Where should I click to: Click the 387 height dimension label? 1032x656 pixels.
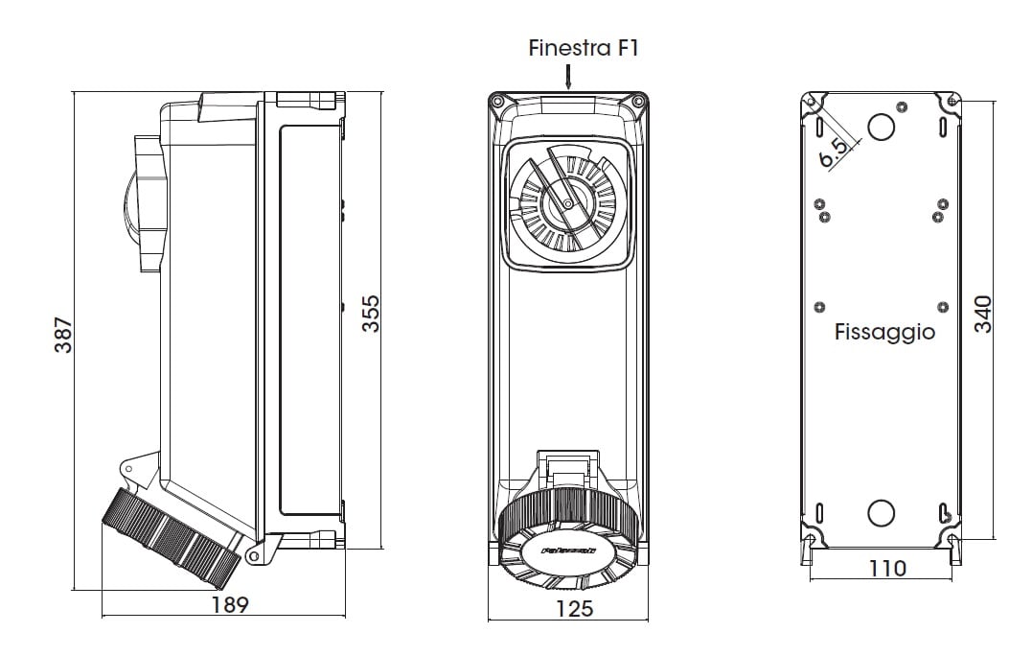click(x=62, y=335)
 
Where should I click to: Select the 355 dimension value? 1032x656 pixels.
click(x=370, y=314)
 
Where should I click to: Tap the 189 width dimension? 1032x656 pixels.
click(x=229, y=605)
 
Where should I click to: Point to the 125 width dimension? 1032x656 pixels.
click(x=574, y=608)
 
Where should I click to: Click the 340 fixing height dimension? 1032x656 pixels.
click(x=982, y=314)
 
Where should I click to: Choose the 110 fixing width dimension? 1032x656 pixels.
click(x=887, y=568)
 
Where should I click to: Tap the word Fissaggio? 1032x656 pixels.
click(x=884, y=333)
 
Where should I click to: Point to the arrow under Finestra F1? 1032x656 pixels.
click(x=568, y=78)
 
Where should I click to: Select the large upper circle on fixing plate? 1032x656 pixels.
click(x=882, y=127)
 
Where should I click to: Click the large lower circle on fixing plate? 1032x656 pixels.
click(x=881, y=513)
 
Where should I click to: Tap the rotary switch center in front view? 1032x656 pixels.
click(x=567, y=203)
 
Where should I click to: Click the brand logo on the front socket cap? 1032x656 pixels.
click(x=568, y=551)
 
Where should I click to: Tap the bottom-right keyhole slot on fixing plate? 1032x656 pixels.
click(x=944, y=513)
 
